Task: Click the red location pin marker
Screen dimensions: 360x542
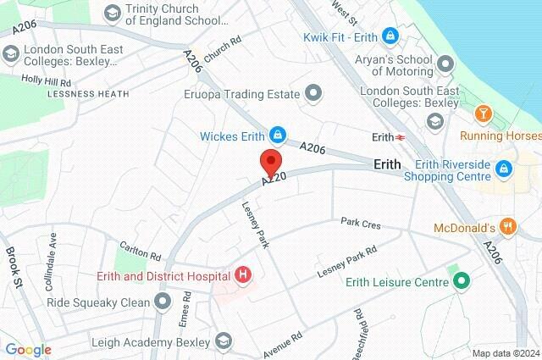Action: (270, 161)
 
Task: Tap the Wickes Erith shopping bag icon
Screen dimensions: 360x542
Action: (278, 135)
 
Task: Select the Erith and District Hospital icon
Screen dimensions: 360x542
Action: (244, 274)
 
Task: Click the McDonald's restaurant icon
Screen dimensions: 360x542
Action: (508, 226)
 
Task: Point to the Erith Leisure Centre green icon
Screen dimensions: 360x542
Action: (462, 281)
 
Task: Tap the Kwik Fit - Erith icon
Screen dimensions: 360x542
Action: (390, 36)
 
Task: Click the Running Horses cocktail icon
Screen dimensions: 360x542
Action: (483, 114)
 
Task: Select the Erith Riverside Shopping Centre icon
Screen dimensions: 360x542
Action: (504, 168)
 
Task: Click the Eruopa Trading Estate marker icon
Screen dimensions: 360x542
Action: (314, 91)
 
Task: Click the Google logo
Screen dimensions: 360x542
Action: (28, 350)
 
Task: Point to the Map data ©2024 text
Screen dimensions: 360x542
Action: (505, 353)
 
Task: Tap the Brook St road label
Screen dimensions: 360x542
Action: (13, 259)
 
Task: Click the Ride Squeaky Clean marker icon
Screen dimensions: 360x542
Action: (163, 301)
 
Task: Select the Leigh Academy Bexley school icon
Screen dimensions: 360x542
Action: (224, 341)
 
